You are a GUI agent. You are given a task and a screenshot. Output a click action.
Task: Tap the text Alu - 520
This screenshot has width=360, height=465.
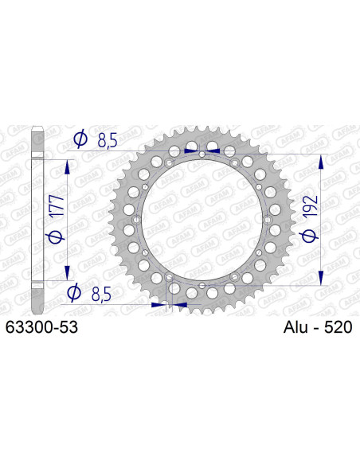[x=317, y=327]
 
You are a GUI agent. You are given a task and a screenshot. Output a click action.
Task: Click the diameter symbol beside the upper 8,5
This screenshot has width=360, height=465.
[x=80, y=140]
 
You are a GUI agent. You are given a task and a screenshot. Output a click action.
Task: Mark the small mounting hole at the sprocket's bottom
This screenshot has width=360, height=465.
[x=203, y=284]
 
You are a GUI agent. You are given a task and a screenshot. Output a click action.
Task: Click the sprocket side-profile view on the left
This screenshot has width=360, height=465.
[x=36, y=219]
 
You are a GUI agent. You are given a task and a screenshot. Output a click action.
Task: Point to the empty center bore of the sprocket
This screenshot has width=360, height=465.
[x=203, y=219]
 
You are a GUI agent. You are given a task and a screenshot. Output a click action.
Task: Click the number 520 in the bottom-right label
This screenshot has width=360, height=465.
[x=338, y=327]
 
